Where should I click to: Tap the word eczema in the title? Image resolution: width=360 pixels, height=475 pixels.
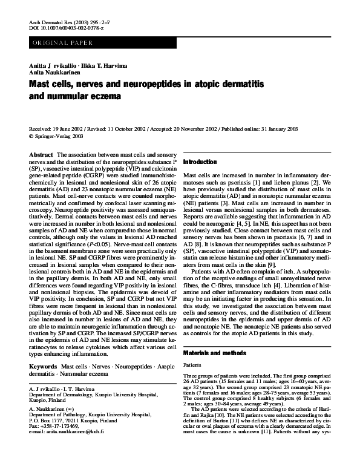click(x=106, y=96)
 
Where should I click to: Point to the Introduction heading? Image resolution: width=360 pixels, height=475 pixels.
click(x=200, y=162)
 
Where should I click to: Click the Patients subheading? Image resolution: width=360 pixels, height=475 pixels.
click(x=192, y=365)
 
